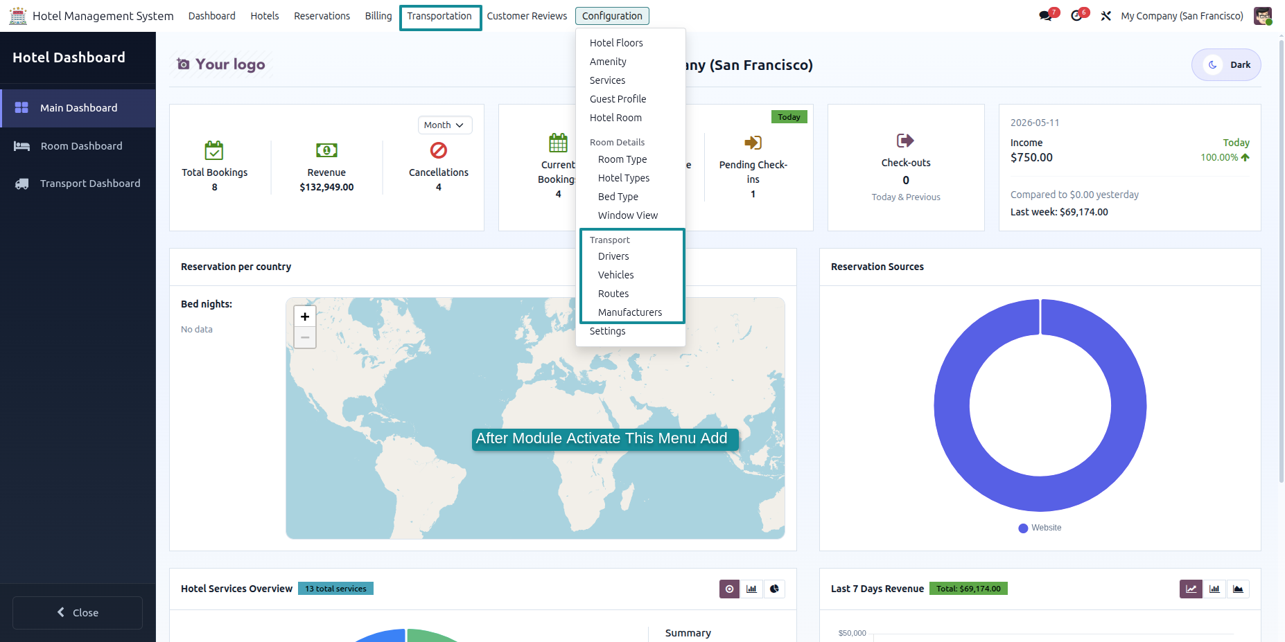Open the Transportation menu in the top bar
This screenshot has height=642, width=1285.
[x=439, y=16]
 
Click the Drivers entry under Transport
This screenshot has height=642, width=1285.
[x=613, y=256]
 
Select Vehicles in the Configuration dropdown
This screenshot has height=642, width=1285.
[x=615, y=275]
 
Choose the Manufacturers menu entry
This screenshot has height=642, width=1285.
[x=629, y=312]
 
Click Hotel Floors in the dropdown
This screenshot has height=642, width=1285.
[x=616, y=43]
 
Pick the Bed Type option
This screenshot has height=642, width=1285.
[x=618, y=197]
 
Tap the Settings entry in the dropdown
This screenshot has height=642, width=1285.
[x=607, y=331]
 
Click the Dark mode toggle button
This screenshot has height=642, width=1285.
[x=1226, y=65]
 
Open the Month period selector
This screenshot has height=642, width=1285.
[x=444, y=125]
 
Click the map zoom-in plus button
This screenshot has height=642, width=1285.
[x=305, y=316]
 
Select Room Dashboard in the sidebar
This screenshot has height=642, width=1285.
[x=81, y=146]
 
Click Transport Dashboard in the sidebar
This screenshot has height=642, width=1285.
[x=90, y=184]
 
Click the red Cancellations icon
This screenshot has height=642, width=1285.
[x=439, y=150]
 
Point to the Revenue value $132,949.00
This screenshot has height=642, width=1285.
[x=326, y=187]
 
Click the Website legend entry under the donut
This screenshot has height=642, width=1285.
[x=1040, y=528]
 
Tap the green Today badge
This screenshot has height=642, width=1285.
[x=789, y=117]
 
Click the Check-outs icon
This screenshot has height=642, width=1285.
[x=905, y=141]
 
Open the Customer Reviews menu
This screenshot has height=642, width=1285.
[x=527, y=16]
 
